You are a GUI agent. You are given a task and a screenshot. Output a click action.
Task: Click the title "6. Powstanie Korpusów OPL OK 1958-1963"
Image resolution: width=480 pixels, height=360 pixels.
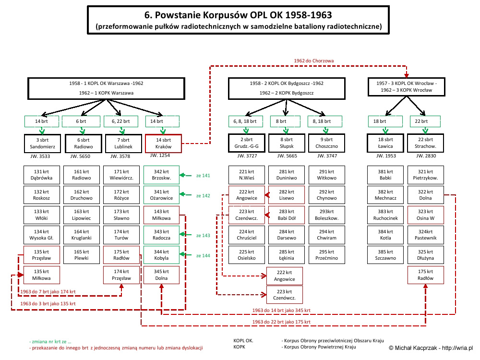[x=238, y=15]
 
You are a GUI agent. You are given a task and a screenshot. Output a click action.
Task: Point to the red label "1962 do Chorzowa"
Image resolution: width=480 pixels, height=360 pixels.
[x=314, y=60]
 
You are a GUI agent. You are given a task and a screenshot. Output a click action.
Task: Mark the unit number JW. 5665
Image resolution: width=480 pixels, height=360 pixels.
[x=287, y=156]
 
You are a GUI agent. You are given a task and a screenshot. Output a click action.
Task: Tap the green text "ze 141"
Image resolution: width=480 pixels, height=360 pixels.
[x=203, y=175]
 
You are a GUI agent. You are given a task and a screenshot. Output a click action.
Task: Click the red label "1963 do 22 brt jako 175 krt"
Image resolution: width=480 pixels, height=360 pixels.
[x=281, y=322]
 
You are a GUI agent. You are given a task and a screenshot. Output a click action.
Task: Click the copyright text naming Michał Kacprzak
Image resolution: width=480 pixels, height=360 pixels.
[x=431, y=348]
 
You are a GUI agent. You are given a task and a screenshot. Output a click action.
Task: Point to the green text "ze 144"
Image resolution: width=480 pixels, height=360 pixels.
[x=203, y=256]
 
